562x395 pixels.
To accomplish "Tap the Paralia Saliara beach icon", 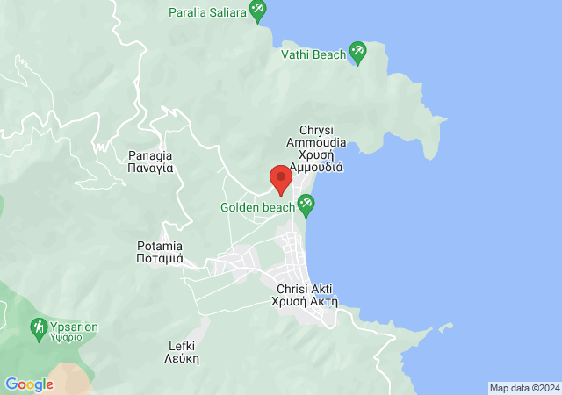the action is click(x=257, y=12).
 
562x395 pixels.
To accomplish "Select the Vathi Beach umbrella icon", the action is click(x=357, y=54).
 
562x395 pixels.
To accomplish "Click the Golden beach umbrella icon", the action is click(x=306, y=206).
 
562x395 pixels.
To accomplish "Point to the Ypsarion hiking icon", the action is click(x=39, y=328).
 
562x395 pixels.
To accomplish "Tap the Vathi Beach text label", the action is click(x=313, y=54).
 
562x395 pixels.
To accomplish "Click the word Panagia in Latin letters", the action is click(x=149, y=153).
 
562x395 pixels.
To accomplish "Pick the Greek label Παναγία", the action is click(x=149, y=167).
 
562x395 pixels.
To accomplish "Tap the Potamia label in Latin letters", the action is click(x=160, y=245).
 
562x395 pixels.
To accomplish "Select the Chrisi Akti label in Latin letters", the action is click(x=306, y=288).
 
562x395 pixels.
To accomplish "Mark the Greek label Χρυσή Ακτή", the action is click(x=306, y=301).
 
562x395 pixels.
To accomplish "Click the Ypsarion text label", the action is click(x=74, y=327).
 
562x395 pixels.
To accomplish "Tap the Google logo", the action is click(x=29, y=384).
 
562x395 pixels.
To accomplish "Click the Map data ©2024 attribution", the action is click(x=524, y=388).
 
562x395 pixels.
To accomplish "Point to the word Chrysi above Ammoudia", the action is click(x=316, y=128).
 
